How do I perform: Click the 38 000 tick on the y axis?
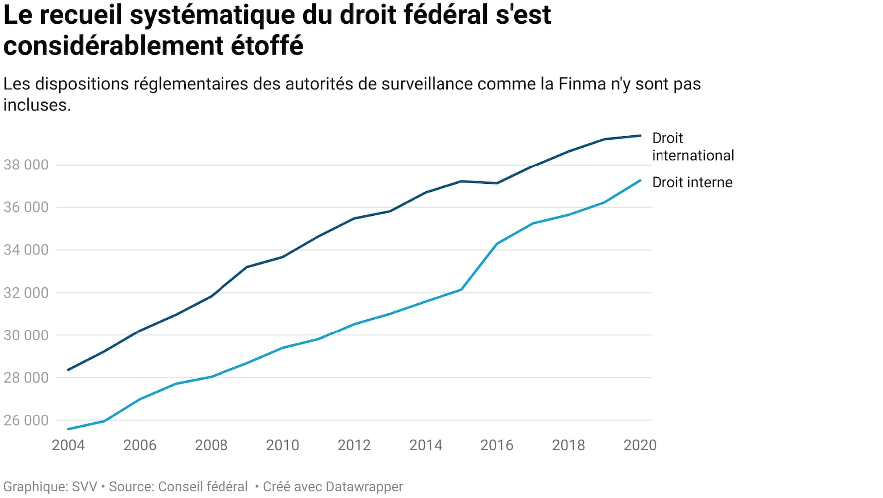click(x=26, y=165)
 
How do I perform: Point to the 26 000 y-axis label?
click(x=26, y=421)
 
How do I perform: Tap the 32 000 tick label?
click(x=26, y=293)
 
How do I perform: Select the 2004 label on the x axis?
click(x=68, y=445)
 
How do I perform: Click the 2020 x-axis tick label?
click(x=640, y=445)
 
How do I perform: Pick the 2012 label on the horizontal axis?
click(x=354, y=445)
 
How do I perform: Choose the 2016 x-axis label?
click(x=497, y=445)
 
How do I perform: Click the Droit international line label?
click(x=692, y=147)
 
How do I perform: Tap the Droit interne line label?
click(x=692, y=182)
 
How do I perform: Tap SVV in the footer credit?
click(x=85, y=487)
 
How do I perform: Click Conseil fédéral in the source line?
click(x=203, y=487)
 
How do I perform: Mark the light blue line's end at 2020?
click(x=640, y=180)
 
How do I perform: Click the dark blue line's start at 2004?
click(x=68, y=370)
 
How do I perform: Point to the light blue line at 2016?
click(x=497, y=244)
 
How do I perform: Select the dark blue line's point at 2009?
click(x=247, y=267)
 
